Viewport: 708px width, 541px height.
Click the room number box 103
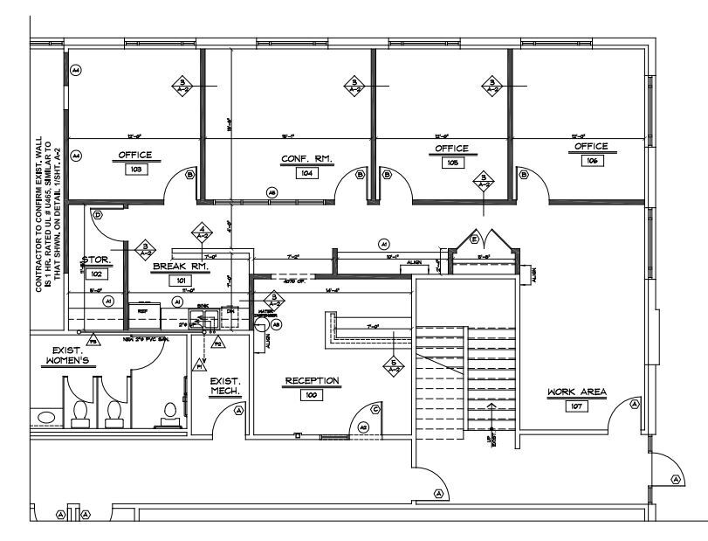click(135, 170)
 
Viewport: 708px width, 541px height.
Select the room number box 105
click(452, 163)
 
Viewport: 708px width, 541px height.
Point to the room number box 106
click(591, 161)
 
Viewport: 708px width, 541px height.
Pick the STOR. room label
click(95, 260)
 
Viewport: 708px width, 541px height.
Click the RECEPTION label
click(312, 381)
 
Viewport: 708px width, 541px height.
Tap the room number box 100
click(310, 395)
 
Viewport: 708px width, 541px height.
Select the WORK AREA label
click(576, 392)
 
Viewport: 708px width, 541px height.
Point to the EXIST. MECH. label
click(225, 386)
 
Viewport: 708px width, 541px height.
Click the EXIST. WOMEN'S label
click(67, 355)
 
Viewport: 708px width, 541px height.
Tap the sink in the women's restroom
click(49, 418)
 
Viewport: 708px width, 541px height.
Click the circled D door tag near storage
click(97, 214)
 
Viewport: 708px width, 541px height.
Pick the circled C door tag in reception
click(375, 409)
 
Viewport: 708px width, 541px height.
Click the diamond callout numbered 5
click(393, 365)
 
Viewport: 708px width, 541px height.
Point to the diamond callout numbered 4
click(200, 232)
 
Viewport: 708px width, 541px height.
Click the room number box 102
click(93, 274)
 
